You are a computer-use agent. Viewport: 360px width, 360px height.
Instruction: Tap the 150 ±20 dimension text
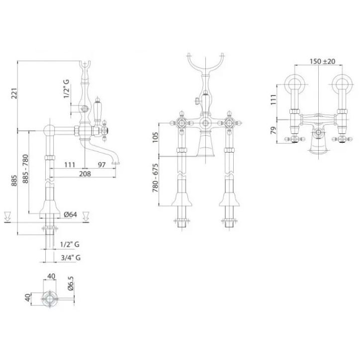pyautogui.click(x=322, y=61)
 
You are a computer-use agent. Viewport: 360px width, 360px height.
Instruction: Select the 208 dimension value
pyautogui.click(x=85, y=174)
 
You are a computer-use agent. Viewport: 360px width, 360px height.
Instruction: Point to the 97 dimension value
pyautogui.click(x=102, y=165)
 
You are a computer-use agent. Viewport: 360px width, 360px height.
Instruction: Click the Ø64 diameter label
pyautogui.click(x=70, y=214)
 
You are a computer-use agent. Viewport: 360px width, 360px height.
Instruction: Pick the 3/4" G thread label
pyautogui.click(x=71, y=258)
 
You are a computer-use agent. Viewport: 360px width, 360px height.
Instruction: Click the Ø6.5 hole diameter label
pyautogui.click(x=71, y=283)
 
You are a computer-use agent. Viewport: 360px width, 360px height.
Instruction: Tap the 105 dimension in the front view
pyautogui.click(x=156, y=137)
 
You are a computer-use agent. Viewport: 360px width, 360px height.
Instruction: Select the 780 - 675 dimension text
pyautogui.click(x=156, y=178)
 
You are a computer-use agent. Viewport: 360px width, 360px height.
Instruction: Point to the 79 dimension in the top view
pyautogui.click(x=273, y=130)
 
